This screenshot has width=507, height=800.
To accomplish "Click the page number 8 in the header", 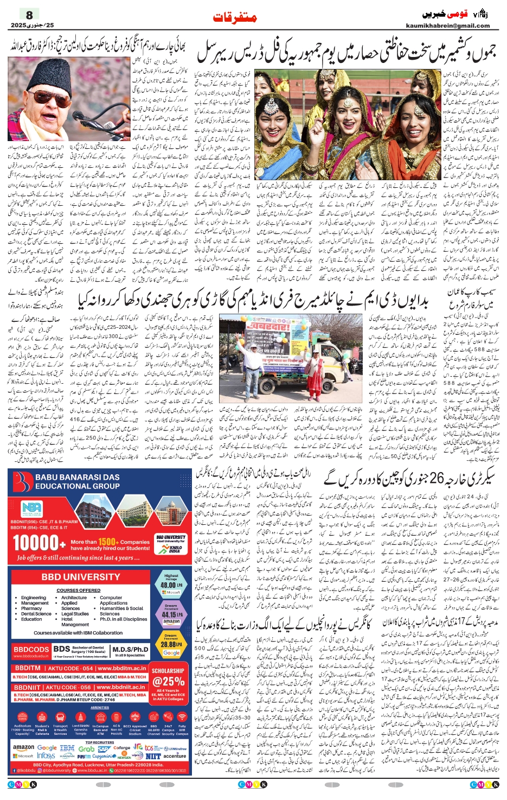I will [29, 15].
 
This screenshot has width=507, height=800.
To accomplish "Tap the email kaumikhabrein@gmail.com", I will [447, 26].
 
